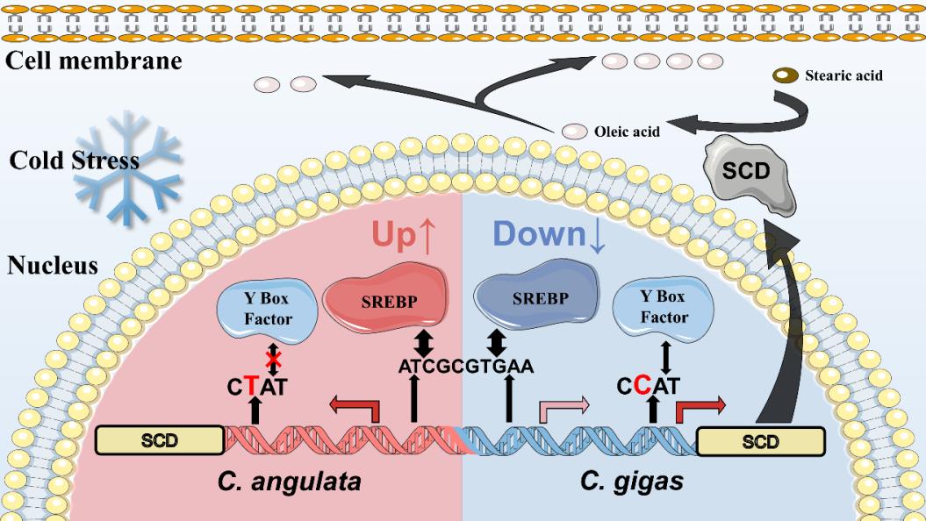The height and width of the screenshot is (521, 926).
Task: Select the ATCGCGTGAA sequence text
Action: click(465, 366)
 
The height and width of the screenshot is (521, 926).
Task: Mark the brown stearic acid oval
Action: click(780, 75)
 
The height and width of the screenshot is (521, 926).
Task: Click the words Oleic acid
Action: click(628, 132)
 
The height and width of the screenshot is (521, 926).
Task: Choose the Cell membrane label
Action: click(93, 61)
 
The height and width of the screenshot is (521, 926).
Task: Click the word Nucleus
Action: click(53, 266)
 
